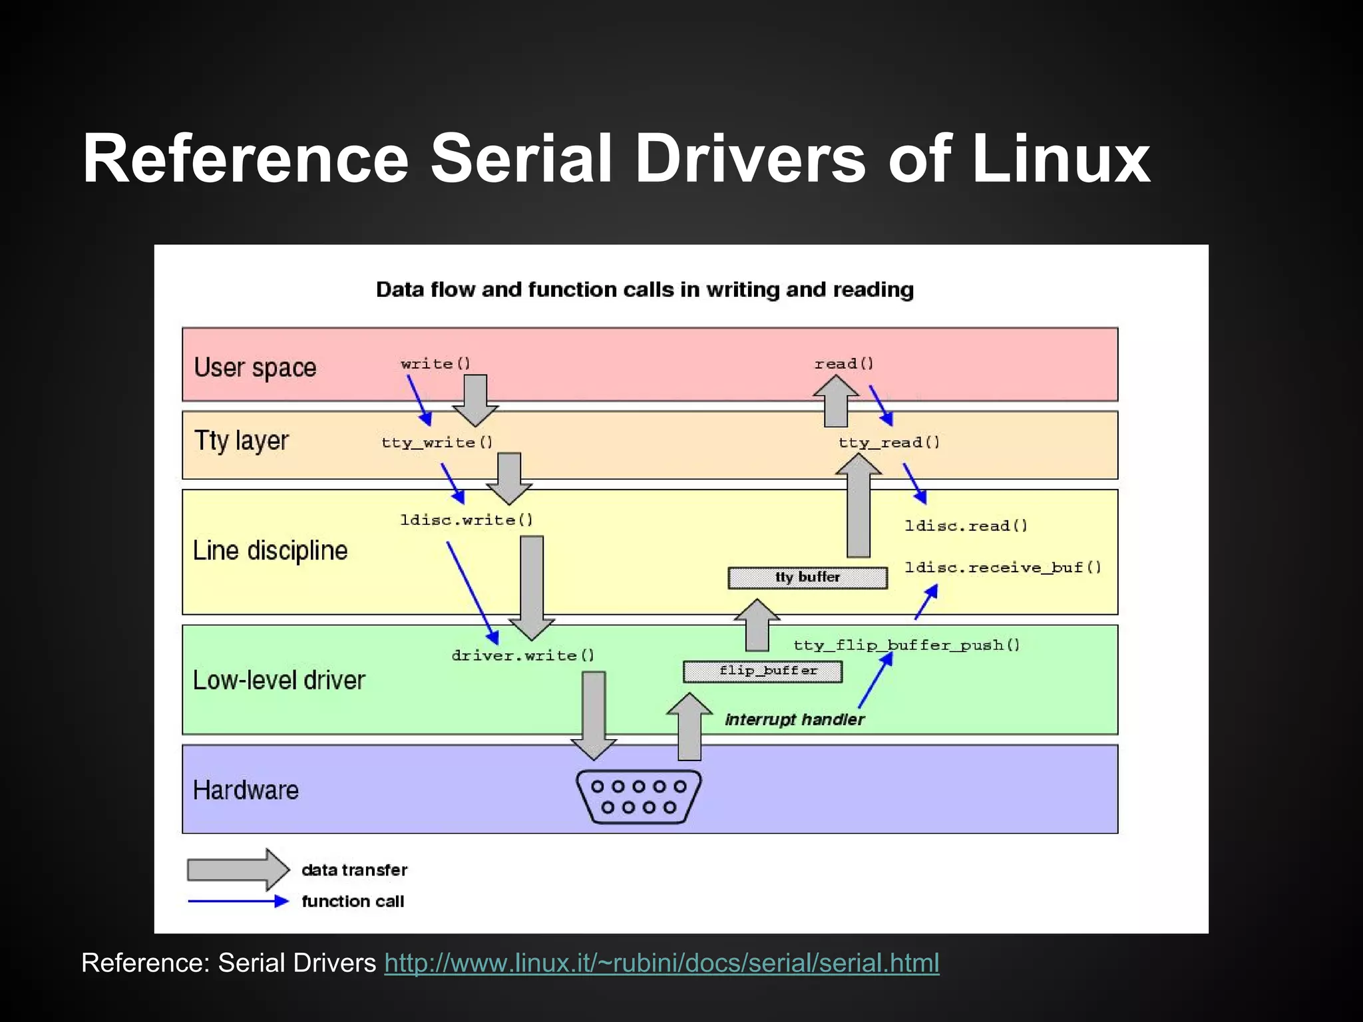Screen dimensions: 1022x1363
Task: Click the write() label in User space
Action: [x=435, y=363]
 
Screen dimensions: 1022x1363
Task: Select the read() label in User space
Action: [x=844, y=363]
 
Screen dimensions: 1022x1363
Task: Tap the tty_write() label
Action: [x=437, y=442]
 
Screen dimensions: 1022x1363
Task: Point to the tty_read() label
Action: [x=889, y=442]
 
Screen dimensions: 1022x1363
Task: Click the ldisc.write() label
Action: [x=467, y=520]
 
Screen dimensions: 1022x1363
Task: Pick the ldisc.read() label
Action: [x=966, y=526]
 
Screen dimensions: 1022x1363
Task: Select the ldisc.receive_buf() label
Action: [x=1003, y=568]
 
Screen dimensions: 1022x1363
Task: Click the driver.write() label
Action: [x=523, y=655]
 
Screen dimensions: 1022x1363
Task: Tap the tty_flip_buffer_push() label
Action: [x=906, y=645]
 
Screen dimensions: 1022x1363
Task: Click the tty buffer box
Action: [x=807, y=578]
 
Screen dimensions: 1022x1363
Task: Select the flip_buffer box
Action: [x=763, y=671]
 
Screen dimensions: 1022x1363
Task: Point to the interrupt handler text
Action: [x=795, y=719]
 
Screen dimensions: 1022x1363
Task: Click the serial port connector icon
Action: [x=638, y=796]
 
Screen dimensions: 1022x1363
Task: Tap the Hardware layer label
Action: [x=246, y=790]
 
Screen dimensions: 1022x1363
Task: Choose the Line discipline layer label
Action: [x=270, y=551]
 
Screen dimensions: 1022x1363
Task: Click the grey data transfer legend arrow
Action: [x=238, y=870]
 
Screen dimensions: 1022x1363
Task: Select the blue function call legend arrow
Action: [x=238, y=902]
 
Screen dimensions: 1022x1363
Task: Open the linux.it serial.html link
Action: [x=662, y=963]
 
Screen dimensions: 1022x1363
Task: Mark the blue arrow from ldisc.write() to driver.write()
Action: [x=472, y=592]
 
